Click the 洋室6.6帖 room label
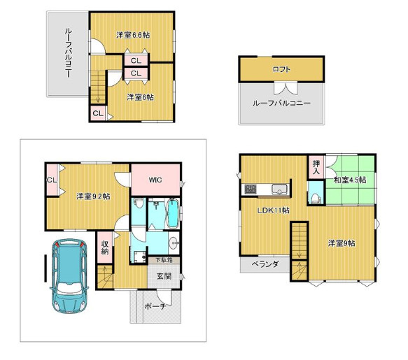pos(133,35)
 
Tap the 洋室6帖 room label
pos(140,97)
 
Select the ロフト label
pos(281,69)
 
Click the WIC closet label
pos(155,180)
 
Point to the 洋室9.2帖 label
pos(93,196)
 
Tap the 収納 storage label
pos(104,247)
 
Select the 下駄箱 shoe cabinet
pos(164,260)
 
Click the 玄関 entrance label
pos(164,276)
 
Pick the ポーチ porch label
pos(155,306)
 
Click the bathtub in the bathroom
pos(173,213)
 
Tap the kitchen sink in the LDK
pos(279,189)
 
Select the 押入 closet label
pos(316,167)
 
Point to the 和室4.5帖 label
pos(350,180)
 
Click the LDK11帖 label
pos(273,210)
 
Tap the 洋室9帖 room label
pos(342,243)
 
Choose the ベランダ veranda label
pos(265,264)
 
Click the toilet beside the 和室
pos(316,198)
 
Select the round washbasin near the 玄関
pos(174,243)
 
